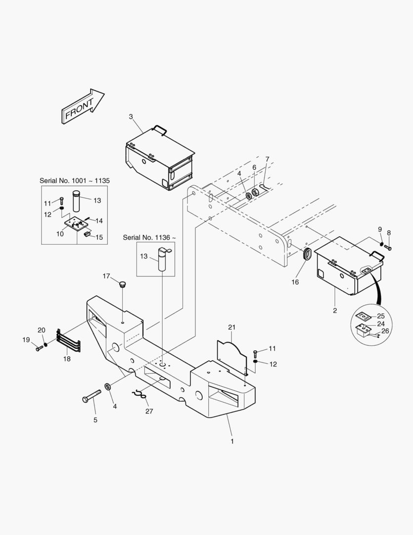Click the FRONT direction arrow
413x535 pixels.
82,107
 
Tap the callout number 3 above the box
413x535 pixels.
131,117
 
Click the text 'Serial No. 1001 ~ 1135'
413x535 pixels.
75,181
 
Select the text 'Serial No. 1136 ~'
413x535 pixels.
149,238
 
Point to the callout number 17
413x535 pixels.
106,276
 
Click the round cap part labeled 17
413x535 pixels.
122,284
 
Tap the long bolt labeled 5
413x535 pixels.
92,397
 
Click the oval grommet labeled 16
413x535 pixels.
306,256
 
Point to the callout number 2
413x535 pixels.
335,311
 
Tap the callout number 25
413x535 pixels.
380,316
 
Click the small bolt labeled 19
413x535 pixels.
39,348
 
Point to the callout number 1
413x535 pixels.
232,440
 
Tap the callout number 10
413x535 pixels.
60,234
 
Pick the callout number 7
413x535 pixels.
267,159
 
